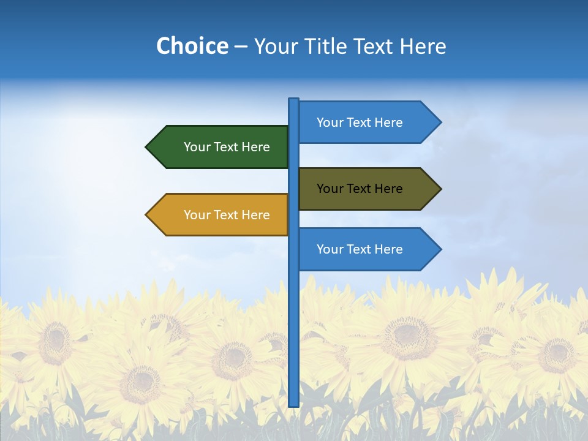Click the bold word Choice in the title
point(192,46)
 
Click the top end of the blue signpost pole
point(294,100)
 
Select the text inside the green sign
point(227,147)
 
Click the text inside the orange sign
point(227,215)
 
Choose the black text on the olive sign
point(360,189)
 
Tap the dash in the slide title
point(241,47)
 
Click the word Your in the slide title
point(275,46)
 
